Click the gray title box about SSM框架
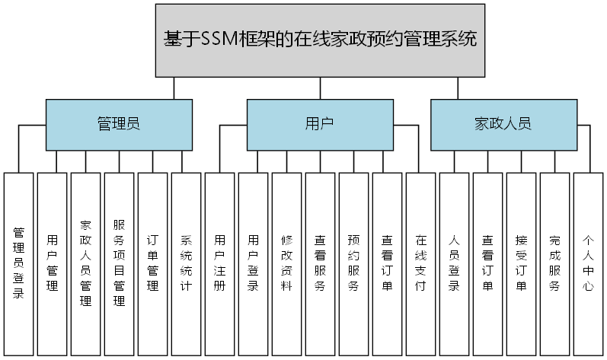tap(320, 40)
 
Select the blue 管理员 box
tap(118, 124)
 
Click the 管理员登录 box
tap(19, 263)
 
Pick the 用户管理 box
tap(53, 263)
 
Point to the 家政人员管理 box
tap(86, 263)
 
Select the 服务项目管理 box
tap(120, 263)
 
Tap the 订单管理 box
tap(153, 263)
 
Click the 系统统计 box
tap(187, 263)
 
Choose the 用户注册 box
tap(220, 263)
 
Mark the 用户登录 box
tap(254, 263)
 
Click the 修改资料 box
tap(287, 263)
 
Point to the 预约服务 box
tap(354, 263)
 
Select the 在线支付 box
tap(421, 263)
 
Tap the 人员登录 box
tap(455, 263)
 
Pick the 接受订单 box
tap(522, 263)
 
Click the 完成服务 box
tap(555, 263)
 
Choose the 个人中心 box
tap(589, 263)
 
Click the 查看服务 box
tap(321, 263)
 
